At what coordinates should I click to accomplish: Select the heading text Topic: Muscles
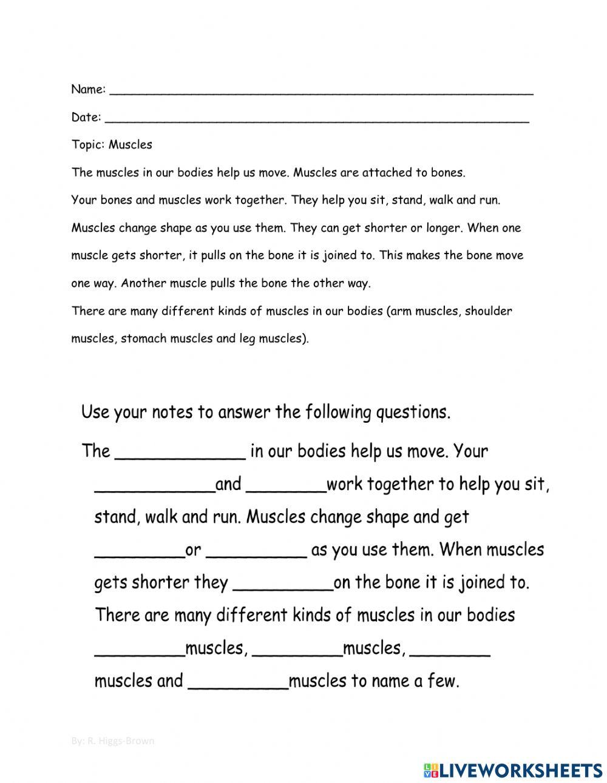tap(112, 144)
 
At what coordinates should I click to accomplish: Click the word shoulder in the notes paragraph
tap(489, 311)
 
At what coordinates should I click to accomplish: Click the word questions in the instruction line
tap(413, 412)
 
